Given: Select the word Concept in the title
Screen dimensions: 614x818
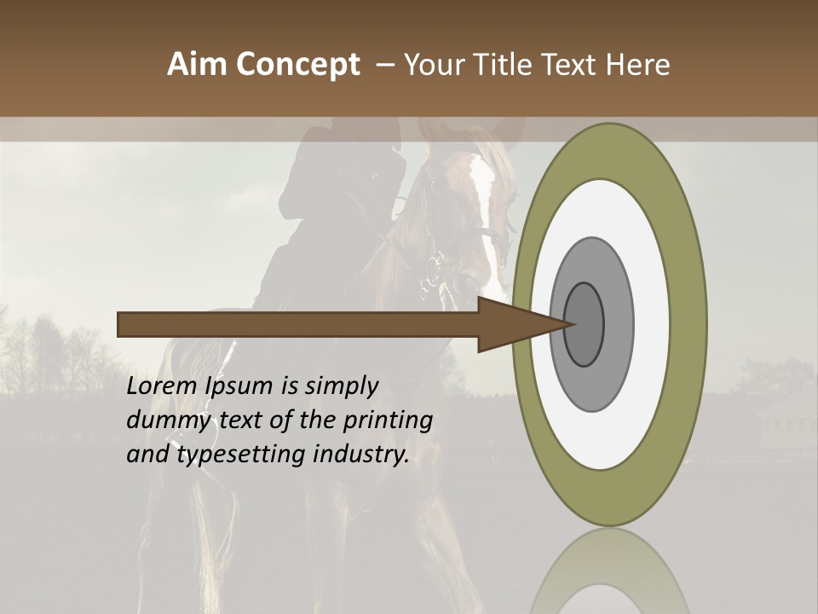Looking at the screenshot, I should [x=297, y=65].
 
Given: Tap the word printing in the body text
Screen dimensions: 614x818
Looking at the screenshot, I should [x=388, y=420].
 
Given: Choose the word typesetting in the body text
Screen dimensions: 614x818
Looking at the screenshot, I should [x=242, y=455].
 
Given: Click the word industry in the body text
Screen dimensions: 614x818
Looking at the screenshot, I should [x=361, y=455].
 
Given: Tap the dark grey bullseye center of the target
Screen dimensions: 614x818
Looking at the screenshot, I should [x=584, y=324].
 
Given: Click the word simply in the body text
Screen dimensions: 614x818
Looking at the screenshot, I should [x=341, y=386].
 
